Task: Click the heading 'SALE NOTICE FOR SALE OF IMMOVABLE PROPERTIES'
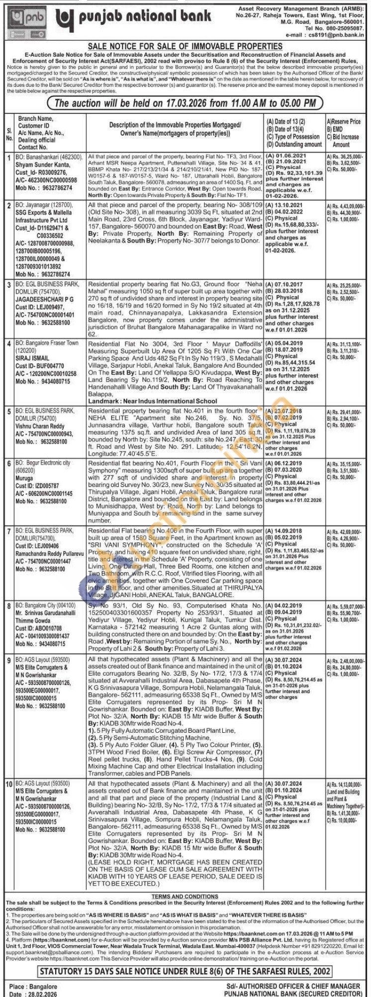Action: click(x=185, y=46)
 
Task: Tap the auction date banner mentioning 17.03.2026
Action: click(x=185, y=103)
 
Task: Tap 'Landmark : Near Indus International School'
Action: click(x=152, y=401)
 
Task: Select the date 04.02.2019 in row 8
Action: click(x=288, y=606)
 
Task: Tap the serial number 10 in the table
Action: click(x=9, y=783)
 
